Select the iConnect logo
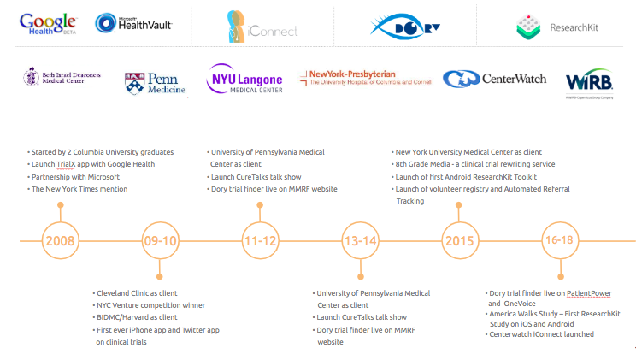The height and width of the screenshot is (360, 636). click(x=262, y=27)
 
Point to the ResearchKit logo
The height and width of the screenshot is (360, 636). click(x=557, y=27)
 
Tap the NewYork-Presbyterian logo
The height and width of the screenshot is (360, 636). click(x=364, y=79)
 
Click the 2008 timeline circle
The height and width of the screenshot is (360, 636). click(x=60, y=239)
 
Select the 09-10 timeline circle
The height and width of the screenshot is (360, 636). click(x=160, y=239)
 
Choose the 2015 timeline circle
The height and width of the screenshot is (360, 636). click(x=460, y=239)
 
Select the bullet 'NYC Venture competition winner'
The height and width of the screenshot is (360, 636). click(x=150, y=305)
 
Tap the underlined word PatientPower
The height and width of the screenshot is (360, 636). click(x=588, y=293)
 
